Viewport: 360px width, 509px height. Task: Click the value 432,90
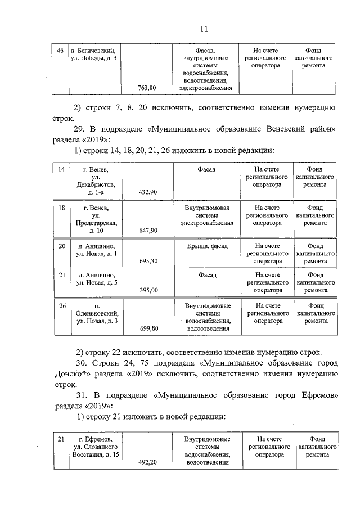point(147,192)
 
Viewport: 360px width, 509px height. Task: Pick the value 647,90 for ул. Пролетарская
point(147,231)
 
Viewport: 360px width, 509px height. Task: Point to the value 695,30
point(147,262)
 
